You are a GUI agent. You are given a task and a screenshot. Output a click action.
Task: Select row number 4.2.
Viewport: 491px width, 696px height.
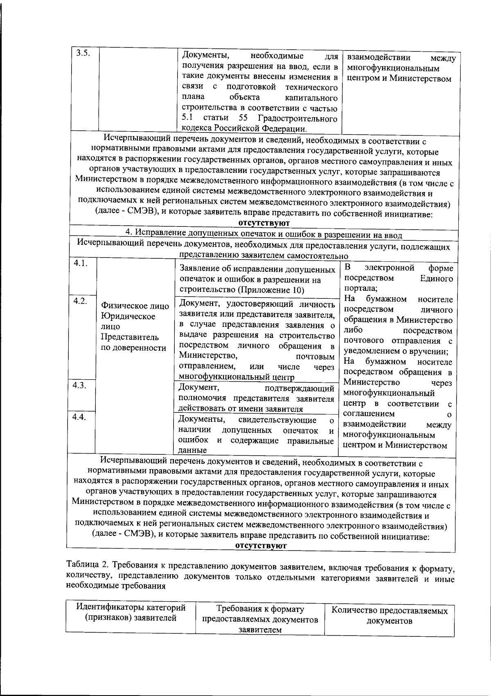click(x=80, y=301)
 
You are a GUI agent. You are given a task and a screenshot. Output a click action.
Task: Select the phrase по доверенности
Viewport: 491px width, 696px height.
click(x=133, y=348)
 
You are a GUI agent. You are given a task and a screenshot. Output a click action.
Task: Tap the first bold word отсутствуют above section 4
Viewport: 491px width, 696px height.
click(x=264, y=223)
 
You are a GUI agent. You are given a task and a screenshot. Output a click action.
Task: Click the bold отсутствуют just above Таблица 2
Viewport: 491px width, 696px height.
click(x=261, y=546)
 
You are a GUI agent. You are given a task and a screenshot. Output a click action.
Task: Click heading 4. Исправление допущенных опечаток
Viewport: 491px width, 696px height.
click(x=264, y=235)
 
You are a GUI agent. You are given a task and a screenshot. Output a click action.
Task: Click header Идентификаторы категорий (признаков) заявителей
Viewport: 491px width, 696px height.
click(x=131, y=613)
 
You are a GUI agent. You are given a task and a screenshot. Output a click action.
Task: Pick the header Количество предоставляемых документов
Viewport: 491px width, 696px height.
click(x=389, y=616)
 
